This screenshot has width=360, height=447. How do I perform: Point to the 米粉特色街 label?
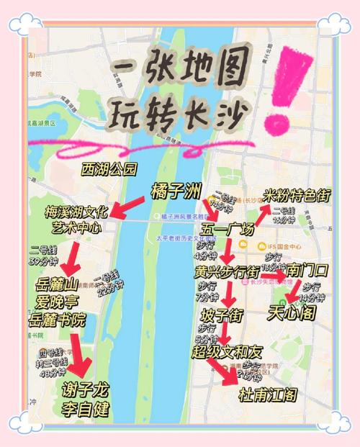pyautogui.click(x=296, y=194)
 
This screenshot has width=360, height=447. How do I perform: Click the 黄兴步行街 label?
pyautogui.click(x=227, y=273)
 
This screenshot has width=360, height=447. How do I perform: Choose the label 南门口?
pyautogui.click(x=307, y=271)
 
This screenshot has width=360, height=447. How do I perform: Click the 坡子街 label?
pyautogui.click(x=222, y=316)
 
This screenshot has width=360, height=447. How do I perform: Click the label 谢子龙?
pyautogui.click(x=85, y=390)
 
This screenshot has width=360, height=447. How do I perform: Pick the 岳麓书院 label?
pyautogui.click(x=55, y=319)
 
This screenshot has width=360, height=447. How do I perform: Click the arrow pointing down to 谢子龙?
pyautogui.click(x=80, y=356)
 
